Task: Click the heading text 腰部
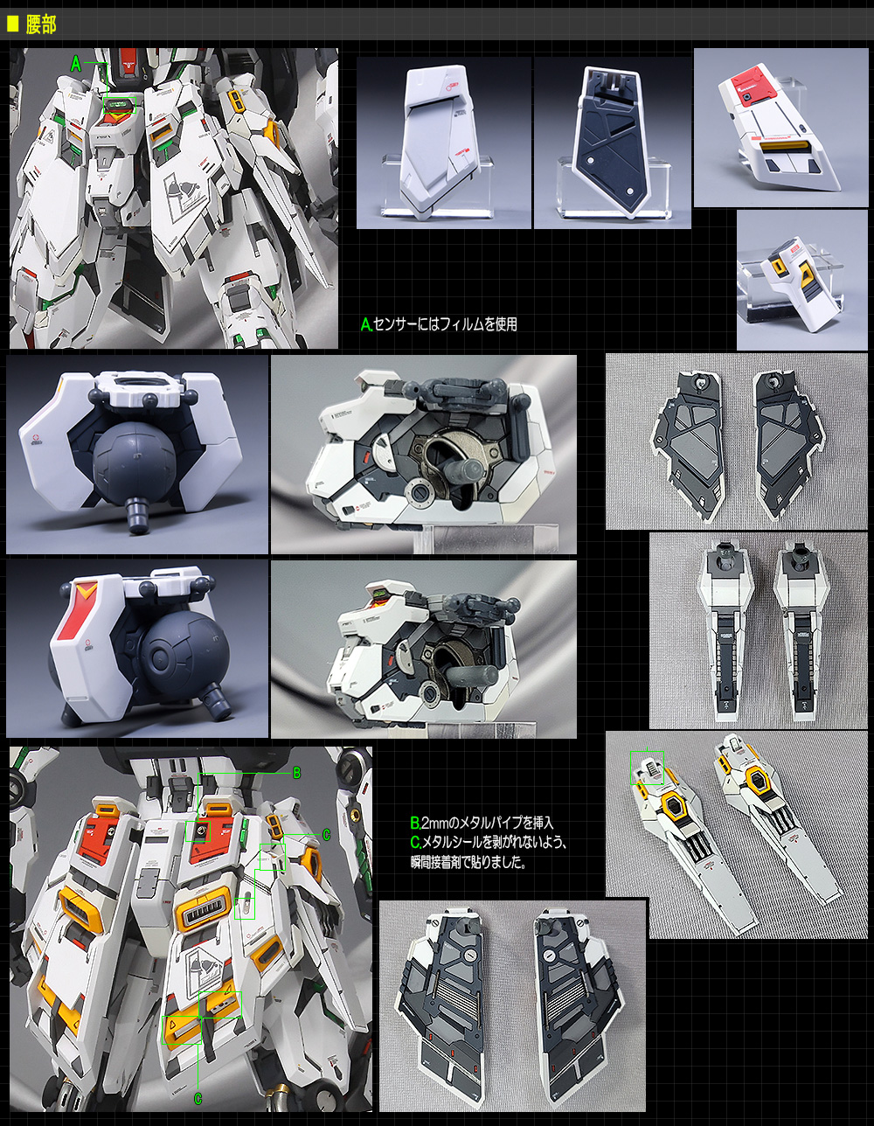coord(41,24)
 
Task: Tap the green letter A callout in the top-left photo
coord(76,64)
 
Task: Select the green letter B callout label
coord(297,773)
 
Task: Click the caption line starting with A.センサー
coord(439,324)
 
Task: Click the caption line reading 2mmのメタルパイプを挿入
coord(482,823)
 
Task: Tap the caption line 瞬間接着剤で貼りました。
coord(468,862)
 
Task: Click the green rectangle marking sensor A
coord(120,105)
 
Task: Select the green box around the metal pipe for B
coord(198,832)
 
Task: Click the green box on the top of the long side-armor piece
coord(647,768)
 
